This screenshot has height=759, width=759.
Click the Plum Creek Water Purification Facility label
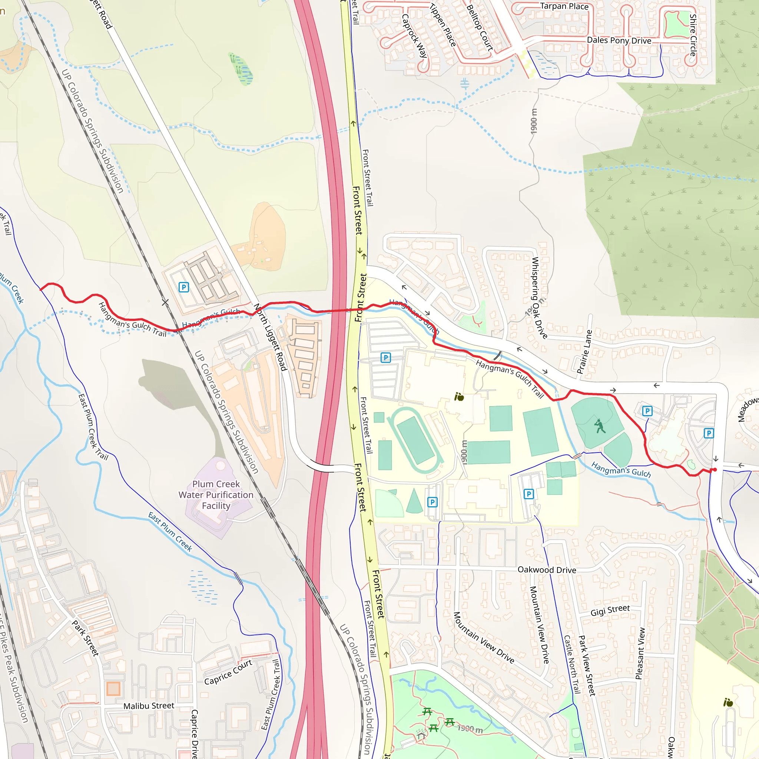[216, 495]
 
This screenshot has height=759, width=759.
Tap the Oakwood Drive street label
[547, 570]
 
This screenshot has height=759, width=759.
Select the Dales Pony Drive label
[619, 40]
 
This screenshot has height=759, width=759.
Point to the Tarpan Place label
[564, 6]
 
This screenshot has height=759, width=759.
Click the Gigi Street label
[610, 610]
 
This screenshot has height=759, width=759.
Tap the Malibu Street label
[149, 706]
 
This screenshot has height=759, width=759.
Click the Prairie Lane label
[584, 352]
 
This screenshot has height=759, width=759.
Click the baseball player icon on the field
[600, 426]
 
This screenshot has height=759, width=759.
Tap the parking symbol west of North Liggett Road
[183, 287]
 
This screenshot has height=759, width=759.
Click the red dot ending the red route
[715, 470]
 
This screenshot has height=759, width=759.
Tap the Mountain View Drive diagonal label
[484, 637]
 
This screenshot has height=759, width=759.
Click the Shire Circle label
[693, 35]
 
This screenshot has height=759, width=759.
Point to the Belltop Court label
[480, 27]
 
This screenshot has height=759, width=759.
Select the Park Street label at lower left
[85, 638]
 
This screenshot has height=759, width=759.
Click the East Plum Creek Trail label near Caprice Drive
[271, 695]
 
